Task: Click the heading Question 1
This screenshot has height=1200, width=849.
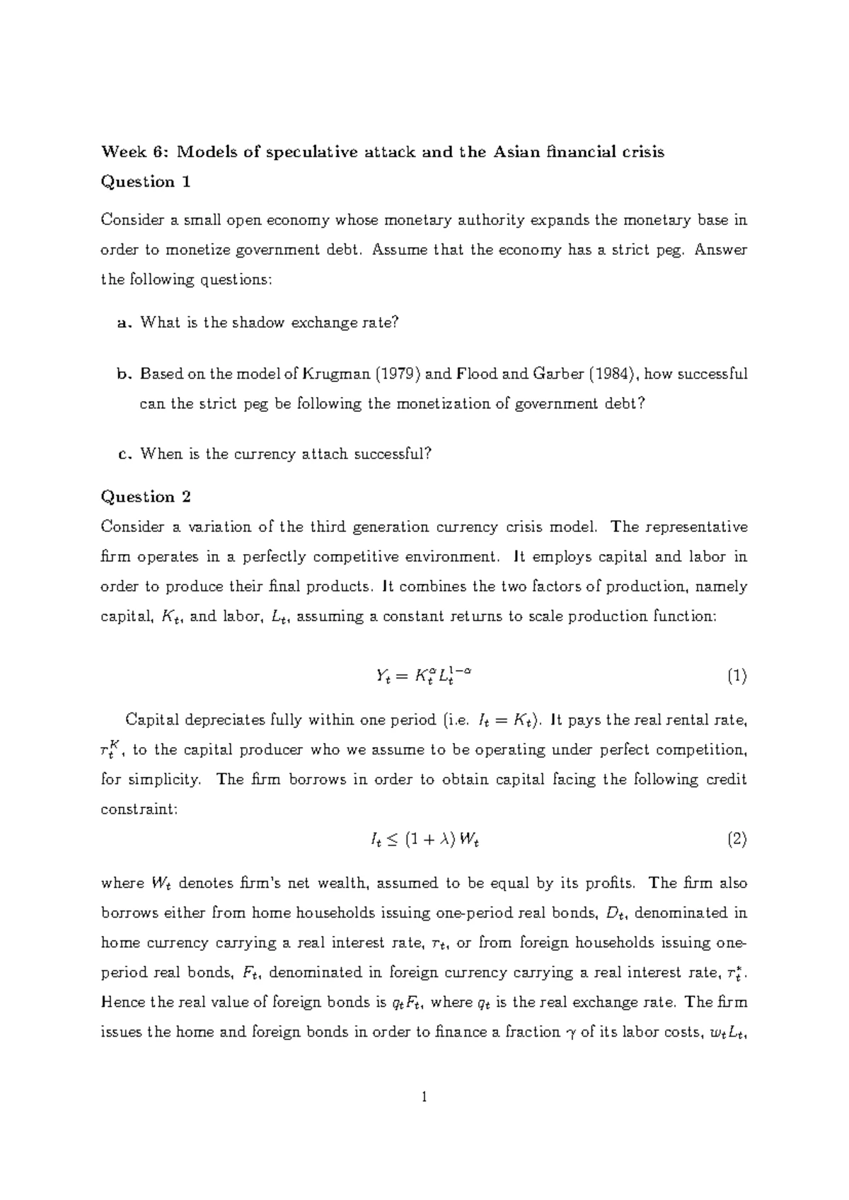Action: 146,182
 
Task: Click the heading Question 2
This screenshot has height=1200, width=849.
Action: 146,497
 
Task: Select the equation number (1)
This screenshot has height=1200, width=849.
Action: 737,676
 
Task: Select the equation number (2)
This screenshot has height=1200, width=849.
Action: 737,840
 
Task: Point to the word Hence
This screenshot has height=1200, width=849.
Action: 122,1002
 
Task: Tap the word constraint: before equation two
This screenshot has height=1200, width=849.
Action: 139,809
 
